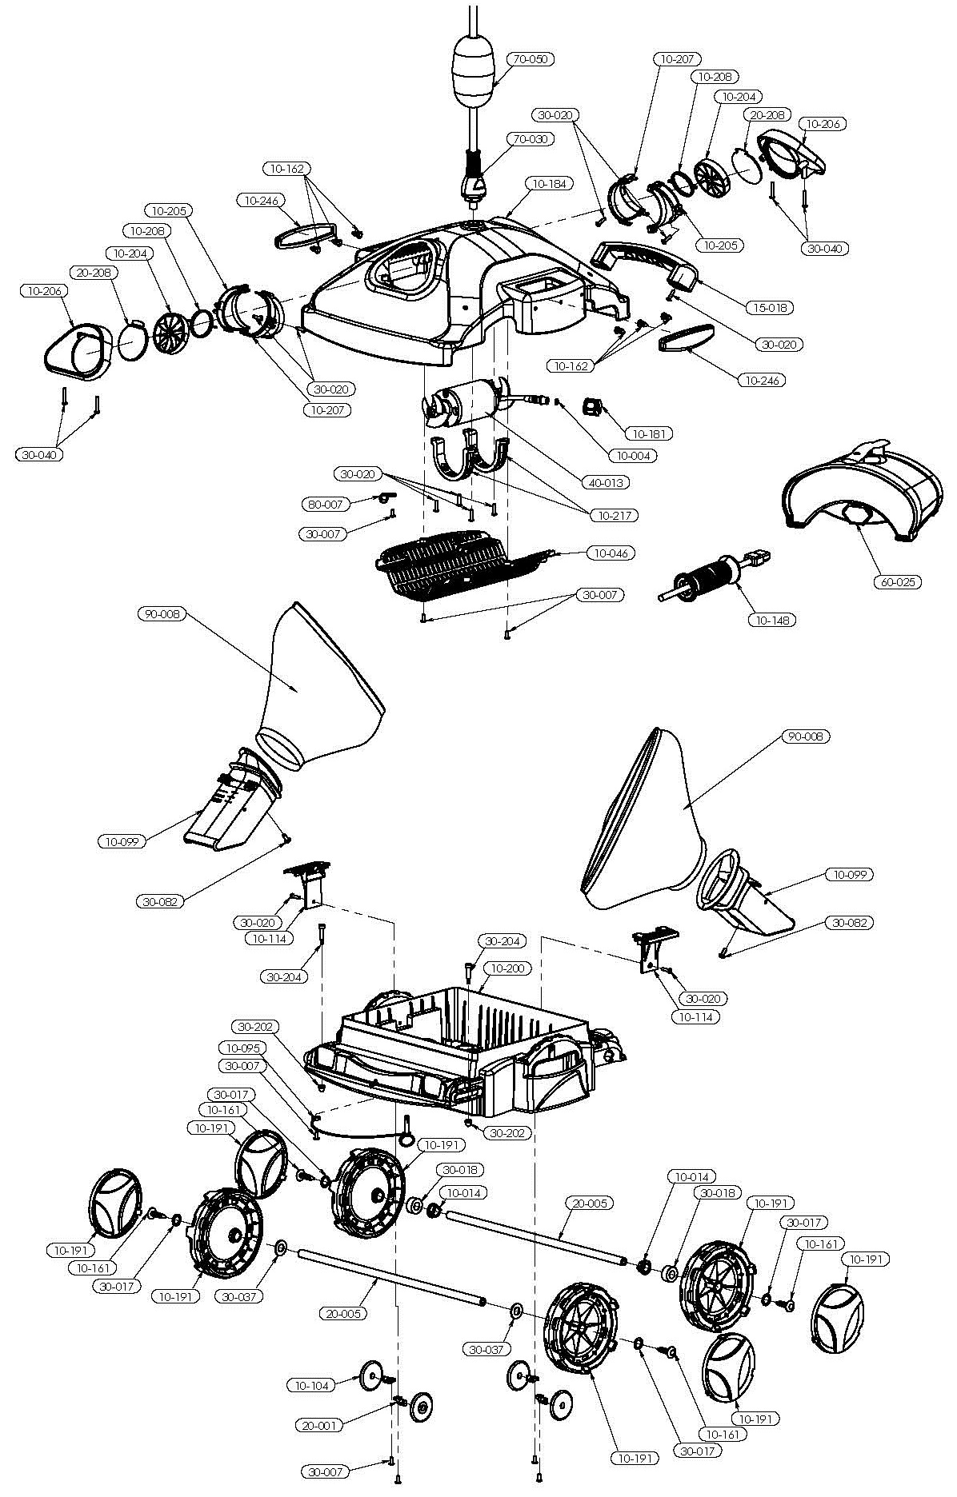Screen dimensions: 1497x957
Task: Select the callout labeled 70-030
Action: tap(532, 139)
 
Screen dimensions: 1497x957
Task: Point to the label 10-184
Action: tap(547, 185)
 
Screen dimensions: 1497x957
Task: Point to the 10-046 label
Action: tap(611, 553)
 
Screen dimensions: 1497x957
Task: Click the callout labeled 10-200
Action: tap(507, 968)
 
